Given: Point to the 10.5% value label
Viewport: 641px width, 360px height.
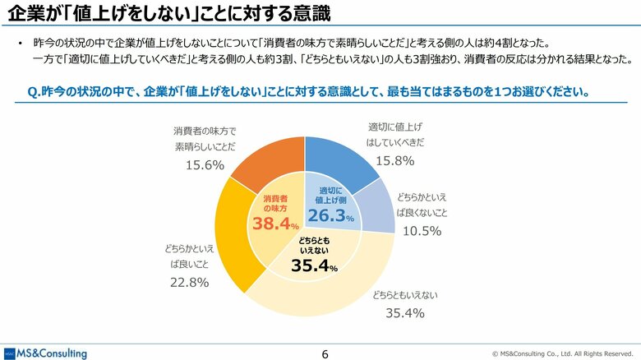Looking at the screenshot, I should point(421,231).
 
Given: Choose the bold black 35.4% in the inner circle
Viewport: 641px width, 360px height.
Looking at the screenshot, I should point(315,265).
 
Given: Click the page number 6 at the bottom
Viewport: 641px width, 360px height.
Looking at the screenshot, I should point(325,353).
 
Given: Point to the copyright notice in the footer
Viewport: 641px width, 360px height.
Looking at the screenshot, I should point(562,353).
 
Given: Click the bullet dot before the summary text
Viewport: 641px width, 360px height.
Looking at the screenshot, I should point(18,43).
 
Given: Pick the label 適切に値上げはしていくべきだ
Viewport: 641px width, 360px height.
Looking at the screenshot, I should point(395,135).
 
